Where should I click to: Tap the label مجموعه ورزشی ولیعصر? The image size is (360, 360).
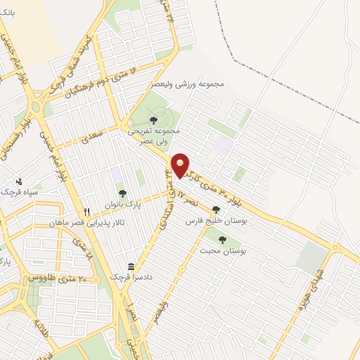pos(188,84)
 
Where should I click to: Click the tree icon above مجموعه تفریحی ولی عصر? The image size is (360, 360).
pos(153,120)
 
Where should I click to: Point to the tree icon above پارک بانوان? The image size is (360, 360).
pos(122,193)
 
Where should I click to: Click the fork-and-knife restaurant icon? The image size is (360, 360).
pos(87,212)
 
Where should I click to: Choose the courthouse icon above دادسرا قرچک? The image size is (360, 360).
pos(131,266)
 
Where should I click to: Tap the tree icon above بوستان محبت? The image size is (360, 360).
pos(222,240)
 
